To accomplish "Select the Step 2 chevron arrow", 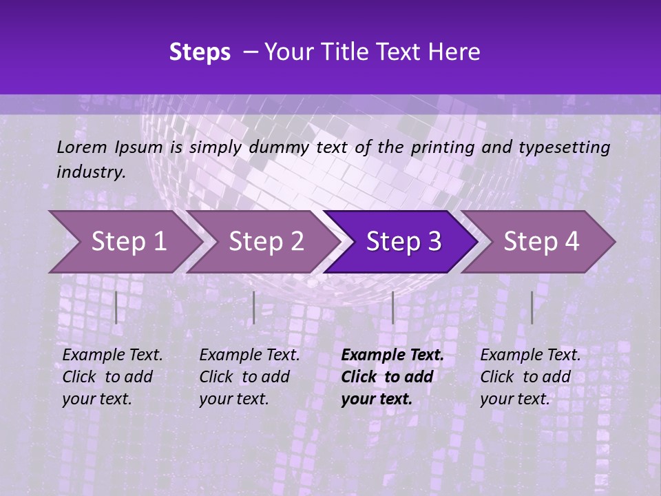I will pyautogui.click(x=266, y=242).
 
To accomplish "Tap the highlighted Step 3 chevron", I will pyautogui.click(x=403, y=242).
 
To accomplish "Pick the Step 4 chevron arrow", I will pyautogui.click(x=541, y=242).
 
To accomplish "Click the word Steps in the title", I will pyautogui.click(x=200, y=52).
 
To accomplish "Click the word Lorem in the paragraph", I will pyautogui.click(x=81, y=147).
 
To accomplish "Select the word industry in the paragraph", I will pyautogui.click(x=91, y=172).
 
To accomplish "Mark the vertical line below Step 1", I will pyautogui.click(x=116, y=307).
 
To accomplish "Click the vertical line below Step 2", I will pyautogui.click(x=254, y=307).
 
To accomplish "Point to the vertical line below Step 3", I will pyautogui.click(x=392, y=307).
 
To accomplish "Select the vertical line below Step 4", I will pyautogui.click(x=532, y=307).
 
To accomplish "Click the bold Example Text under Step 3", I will pyautogui.click(x=392, y=355).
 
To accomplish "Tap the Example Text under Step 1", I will pyautogui.click(x=112, y=355).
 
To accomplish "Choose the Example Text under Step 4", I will pyautogui.click(x=530, y=355).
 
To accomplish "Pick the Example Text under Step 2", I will pyautogui.click(x=249, y=355).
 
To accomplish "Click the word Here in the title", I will pyautogui.click(x=454, y=52).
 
